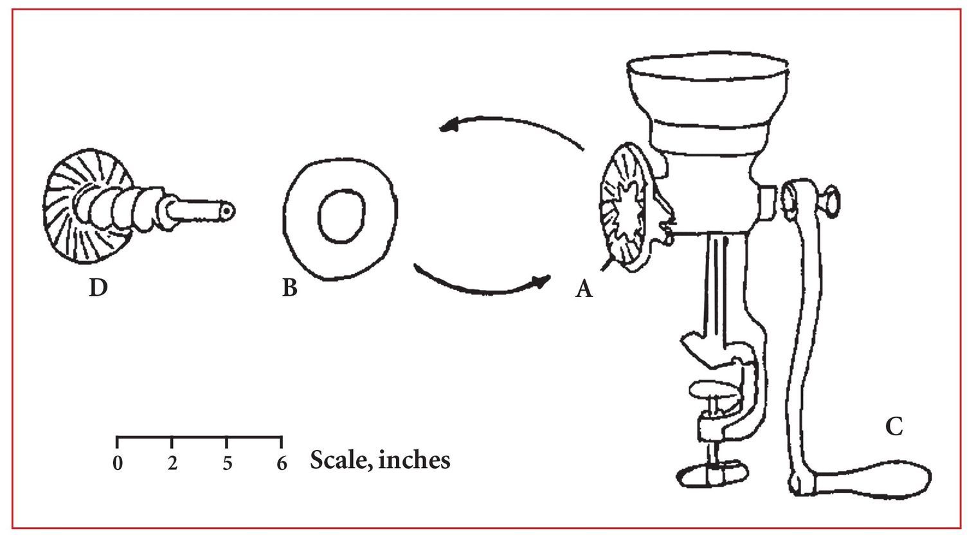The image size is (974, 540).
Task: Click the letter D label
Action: coord(98,287)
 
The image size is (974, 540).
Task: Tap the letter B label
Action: coord(290,287)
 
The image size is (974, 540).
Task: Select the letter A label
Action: coord(584,288)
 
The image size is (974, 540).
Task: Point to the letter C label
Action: coord(894,426)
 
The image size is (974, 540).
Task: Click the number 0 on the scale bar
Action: coord(118,464)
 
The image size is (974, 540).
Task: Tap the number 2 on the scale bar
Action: coord(173,464)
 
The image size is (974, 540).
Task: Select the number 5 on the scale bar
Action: coord(228,464)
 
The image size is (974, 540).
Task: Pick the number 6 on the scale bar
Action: coord(282,464)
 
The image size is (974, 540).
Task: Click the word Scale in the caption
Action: coord(342,460)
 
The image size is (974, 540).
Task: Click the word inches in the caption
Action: coord(415,460)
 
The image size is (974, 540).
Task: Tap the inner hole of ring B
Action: coord(341,215)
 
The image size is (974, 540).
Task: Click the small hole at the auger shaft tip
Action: coord(226,210)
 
